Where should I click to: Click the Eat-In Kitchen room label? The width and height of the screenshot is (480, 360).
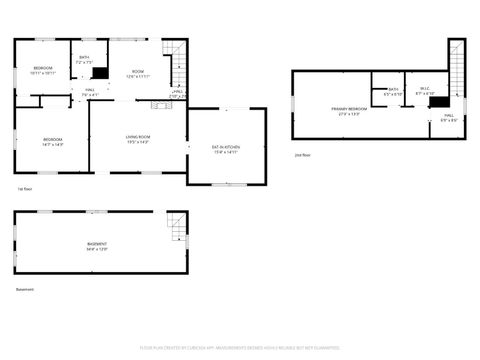224,149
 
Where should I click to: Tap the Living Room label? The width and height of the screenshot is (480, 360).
138,138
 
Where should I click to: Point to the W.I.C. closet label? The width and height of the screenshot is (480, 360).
424,91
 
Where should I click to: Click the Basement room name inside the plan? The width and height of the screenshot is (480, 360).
97,245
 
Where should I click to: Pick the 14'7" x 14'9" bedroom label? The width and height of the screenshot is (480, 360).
52,141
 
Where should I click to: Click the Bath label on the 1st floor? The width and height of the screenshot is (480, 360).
84,59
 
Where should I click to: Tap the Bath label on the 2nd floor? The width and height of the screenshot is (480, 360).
394,91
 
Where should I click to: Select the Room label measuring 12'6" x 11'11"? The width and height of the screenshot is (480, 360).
138,73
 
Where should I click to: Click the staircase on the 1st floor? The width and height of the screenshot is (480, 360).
177,64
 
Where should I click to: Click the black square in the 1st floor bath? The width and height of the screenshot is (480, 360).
99,72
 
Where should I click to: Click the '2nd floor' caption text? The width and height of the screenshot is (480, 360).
302,155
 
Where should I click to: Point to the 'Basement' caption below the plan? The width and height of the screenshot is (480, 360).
25,290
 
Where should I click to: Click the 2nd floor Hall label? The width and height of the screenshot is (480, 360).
448,118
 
